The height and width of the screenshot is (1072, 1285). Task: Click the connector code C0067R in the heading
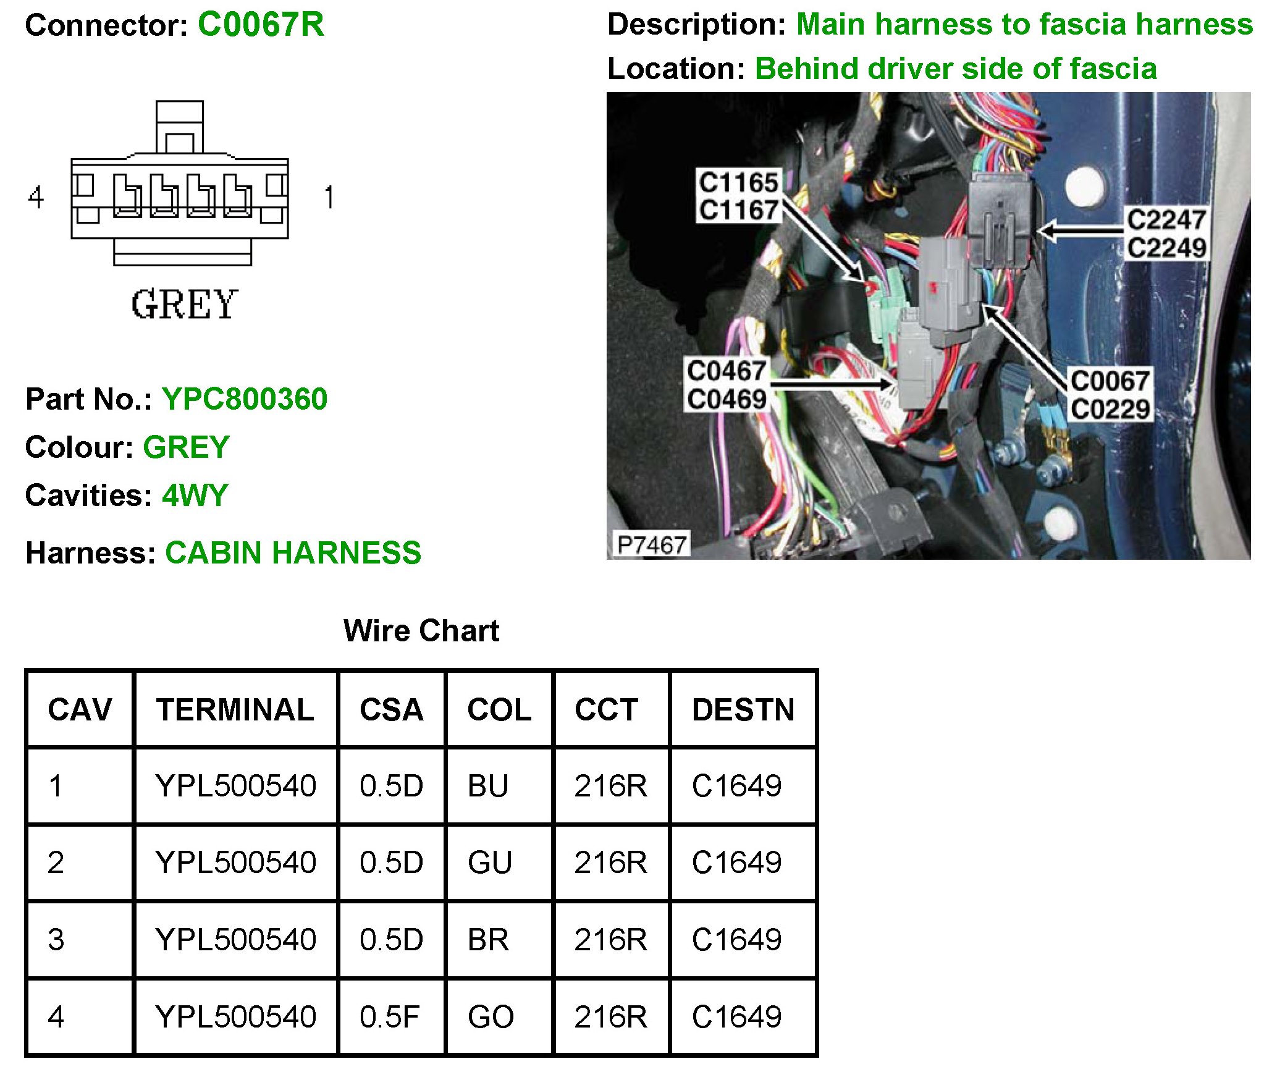coord(260,25)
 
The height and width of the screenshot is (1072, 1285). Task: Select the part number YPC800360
coord(245,399)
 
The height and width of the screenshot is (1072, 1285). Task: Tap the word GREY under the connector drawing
coord(184,305)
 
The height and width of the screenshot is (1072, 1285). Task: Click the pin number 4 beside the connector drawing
coord(36,198)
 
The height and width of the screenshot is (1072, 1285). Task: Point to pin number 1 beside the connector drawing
coord(329,198)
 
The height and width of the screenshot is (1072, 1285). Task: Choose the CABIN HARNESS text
coord(293,552)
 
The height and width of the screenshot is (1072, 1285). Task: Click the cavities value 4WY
coord(195,496)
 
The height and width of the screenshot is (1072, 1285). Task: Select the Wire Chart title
coord(421,631)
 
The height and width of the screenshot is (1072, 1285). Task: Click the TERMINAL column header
coord(235,709)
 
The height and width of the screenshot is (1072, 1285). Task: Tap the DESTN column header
coord(743,709)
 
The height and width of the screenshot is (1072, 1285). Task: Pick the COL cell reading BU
coord(488,786)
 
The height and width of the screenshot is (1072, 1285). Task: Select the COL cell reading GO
coord(491,1016)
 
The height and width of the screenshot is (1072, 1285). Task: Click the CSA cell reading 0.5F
coord(389,1016)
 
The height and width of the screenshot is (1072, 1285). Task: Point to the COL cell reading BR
coord(488,939)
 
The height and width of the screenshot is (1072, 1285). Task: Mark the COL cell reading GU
coord(490,863)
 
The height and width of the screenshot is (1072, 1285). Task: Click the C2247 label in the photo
coord(1166,220)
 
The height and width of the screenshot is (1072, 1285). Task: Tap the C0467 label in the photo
coord(727,371)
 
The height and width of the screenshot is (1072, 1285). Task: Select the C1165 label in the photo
coord(738,183)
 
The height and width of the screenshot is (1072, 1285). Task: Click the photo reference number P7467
coord(652,545)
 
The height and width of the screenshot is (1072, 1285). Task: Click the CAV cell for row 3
coord(56,939)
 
